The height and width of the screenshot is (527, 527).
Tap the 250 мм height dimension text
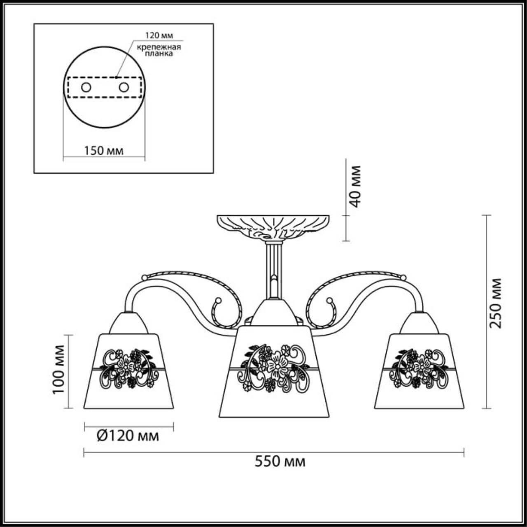point(495,303)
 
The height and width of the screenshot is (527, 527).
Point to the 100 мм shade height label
point(58,369)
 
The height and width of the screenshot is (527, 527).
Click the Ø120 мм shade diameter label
point(128,436)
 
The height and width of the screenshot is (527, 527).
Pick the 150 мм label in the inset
point(104,150)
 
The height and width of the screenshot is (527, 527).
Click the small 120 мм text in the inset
point(159,35)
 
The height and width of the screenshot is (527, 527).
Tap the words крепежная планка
point(159,50)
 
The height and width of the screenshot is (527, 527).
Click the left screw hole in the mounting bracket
point(86,88)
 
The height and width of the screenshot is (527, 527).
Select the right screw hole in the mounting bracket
point(124,88)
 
